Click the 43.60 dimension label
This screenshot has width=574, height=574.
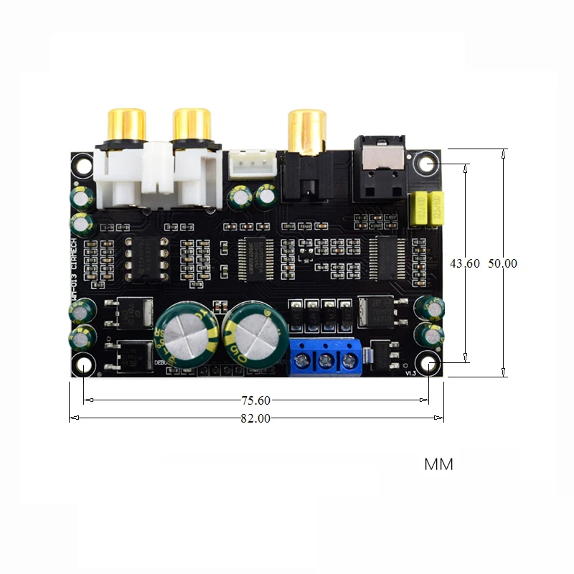point(465,263)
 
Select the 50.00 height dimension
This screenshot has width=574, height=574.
point(502,263)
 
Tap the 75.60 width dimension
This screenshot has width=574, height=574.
point(255,400)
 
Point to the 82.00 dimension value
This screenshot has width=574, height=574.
point(255,419)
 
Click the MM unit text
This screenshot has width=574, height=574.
point(438,464)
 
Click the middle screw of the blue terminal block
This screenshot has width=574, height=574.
point(326,360)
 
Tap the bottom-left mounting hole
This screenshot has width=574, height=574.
point(84,367)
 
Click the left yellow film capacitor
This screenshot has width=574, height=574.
point(417,208)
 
